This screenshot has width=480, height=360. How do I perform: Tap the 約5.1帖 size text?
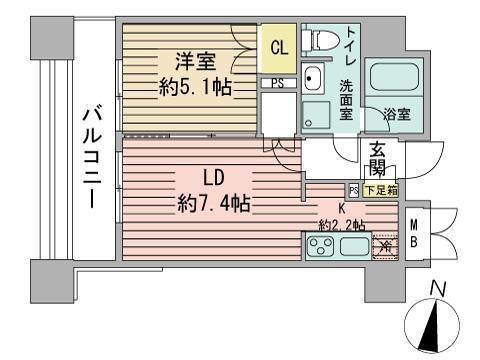click(x=196, y=87)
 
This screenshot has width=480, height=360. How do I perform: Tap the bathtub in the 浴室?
click(x=386, y=79)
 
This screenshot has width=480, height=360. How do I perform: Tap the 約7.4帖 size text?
click(x=213, y=205)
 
